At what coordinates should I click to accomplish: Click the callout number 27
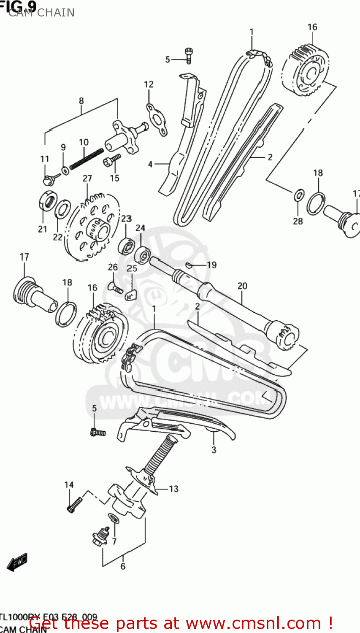[x=87, y=178]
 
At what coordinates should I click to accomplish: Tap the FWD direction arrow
[x=18, y=562]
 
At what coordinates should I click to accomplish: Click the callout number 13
[x=173, y=489]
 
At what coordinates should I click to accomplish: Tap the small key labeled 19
[x=189, y=265]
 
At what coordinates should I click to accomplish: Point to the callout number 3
[x=214, y=450]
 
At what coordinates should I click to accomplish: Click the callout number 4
[x=150, y=164]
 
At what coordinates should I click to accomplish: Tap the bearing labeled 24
[x=142, y=254]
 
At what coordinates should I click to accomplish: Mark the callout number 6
[x=123, y=566]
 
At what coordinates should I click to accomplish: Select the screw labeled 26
[x=116, y=289]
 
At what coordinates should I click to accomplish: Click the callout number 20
[x=242, y=286]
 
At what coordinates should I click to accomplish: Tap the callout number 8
[x=81, y=101]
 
